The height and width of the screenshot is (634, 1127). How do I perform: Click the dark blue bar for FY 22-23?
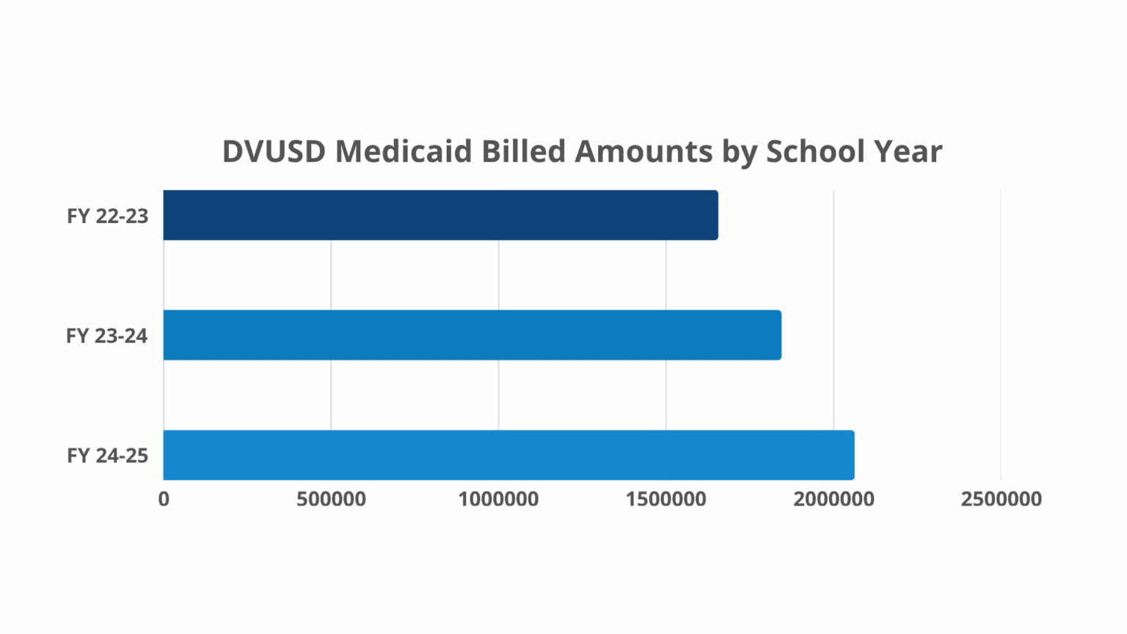pos(440,215)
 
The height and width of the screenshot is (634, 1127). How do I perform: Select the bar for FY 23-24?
pos(472,335)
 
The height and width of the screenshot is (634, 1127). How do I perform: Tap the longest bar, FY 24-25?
pos(508,455)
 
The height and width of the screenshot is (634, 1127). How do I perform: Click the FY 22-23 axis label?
pos(108,216)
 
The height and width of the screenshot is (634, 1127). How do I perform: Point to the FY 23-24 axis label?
pos(107,336)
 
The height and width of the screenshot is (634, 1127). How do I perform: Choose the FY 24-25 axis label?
pos(108,456)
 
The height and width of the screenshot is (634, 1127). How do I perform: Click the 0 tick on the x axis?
pos(164,500)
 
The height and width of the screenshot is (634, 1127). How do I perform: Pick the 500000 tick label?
pos(331,500)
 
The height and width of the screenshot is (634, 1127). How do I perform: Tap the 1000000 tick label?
pos(498,500)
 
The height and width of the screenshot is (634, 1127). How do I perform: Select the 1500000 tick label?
pos(666,500)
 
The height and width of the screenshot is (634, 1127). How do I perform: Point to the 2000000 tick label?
pos(834,500)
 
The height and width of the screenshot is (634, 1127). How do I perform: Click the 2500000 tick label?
pos(1001,500)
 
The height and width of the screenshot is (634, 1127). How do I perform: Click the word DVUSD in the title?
pos(274,152)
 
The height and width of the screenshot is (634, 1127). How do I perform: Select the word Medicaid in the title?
pos(404,152)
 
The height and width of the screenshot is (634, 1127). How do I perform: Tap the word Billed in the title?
pos(524,152)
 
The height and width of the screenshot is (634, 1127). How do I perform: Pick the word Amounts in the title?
pos(643,152)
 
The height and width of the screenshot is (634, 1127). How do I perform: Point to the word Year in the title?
pos(908,152)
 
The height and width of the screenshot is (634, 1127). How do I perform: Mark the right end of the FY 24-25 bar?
pos(852,455)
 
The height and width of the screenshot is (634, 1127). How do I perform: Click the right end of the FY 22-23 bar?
pos(715,215)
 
